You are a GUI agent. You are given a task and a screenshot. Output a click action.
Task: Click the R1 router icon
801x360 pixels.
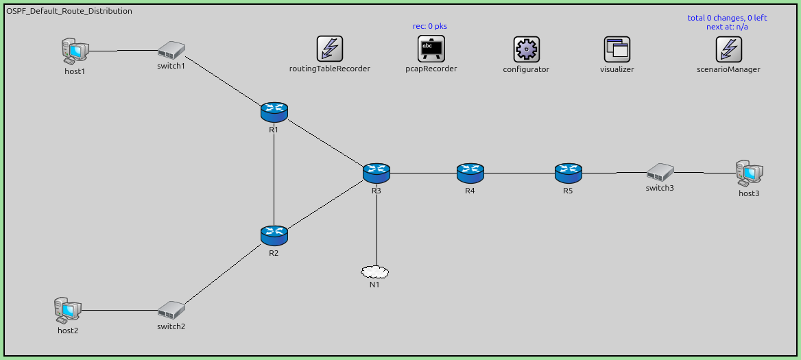[x=274, y=111]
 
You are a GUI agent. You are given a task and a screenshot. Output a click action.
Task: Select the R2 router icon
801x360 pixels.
[x=274, y=235]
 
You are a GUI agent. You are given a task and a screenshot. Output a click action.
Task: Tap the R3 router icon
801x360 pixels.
[x=376, y=173]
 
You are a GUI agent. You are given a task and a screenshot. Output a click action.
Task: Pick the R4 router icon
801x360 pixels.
[x=470, y=173]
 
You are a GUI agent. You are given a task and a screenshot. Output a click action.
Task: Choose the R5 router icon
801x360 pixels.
[x=568, y=173]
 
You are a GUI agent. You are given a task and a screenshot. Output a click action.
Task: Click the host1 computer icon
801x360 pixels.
[x=74, y=51]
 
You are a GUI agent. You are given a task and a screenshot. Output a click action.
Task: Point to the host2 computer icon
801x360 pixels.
[x=67, y=311]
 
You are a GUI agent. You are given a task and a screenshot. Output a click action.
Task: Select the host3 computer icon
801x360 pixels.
[x=749, y=173]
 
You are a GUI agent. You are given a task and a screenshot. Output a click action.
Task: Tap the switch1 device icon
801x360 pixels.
[x=171, y=50]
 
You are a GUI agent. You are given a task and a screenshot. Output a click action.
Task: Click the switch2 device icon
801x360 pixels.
[x=171, y=310]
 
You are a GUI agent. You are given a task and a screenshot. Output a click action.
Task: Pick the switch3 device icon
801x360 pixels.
[x=660, y=171]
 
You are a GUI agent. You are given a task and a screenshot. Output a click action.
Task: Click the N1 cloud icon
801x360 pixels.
[x=375, y=272]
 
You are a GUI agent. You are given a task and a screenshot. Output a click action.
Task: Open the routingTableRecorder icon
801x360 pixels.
[x=330, y=49]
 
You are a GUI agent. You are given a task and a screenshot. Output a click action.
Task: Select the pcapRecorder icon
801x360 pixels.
[x=431, y=49]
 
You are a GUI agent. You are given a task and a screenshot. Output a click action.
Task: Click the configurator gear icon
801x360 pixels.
[x=526, y=49]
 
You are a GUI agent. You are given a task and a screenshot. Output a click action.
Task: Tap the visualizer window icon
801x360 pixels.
[x=617, y=49]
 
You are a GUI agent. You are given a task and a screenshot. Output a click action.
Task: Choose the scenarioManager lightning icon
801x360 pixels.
[x=728, y=49]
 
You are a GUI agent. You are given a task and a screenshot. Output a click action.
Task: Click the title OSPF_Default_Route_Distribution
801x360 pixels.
[x=69, y=12]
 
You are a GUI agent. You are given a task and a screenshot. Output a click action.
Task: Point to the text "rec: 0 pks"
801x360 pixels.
[x=430, y=26]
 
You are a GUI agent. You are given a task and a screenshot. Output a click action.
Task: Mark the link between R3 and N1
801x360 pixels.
[x=376, y=226]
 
